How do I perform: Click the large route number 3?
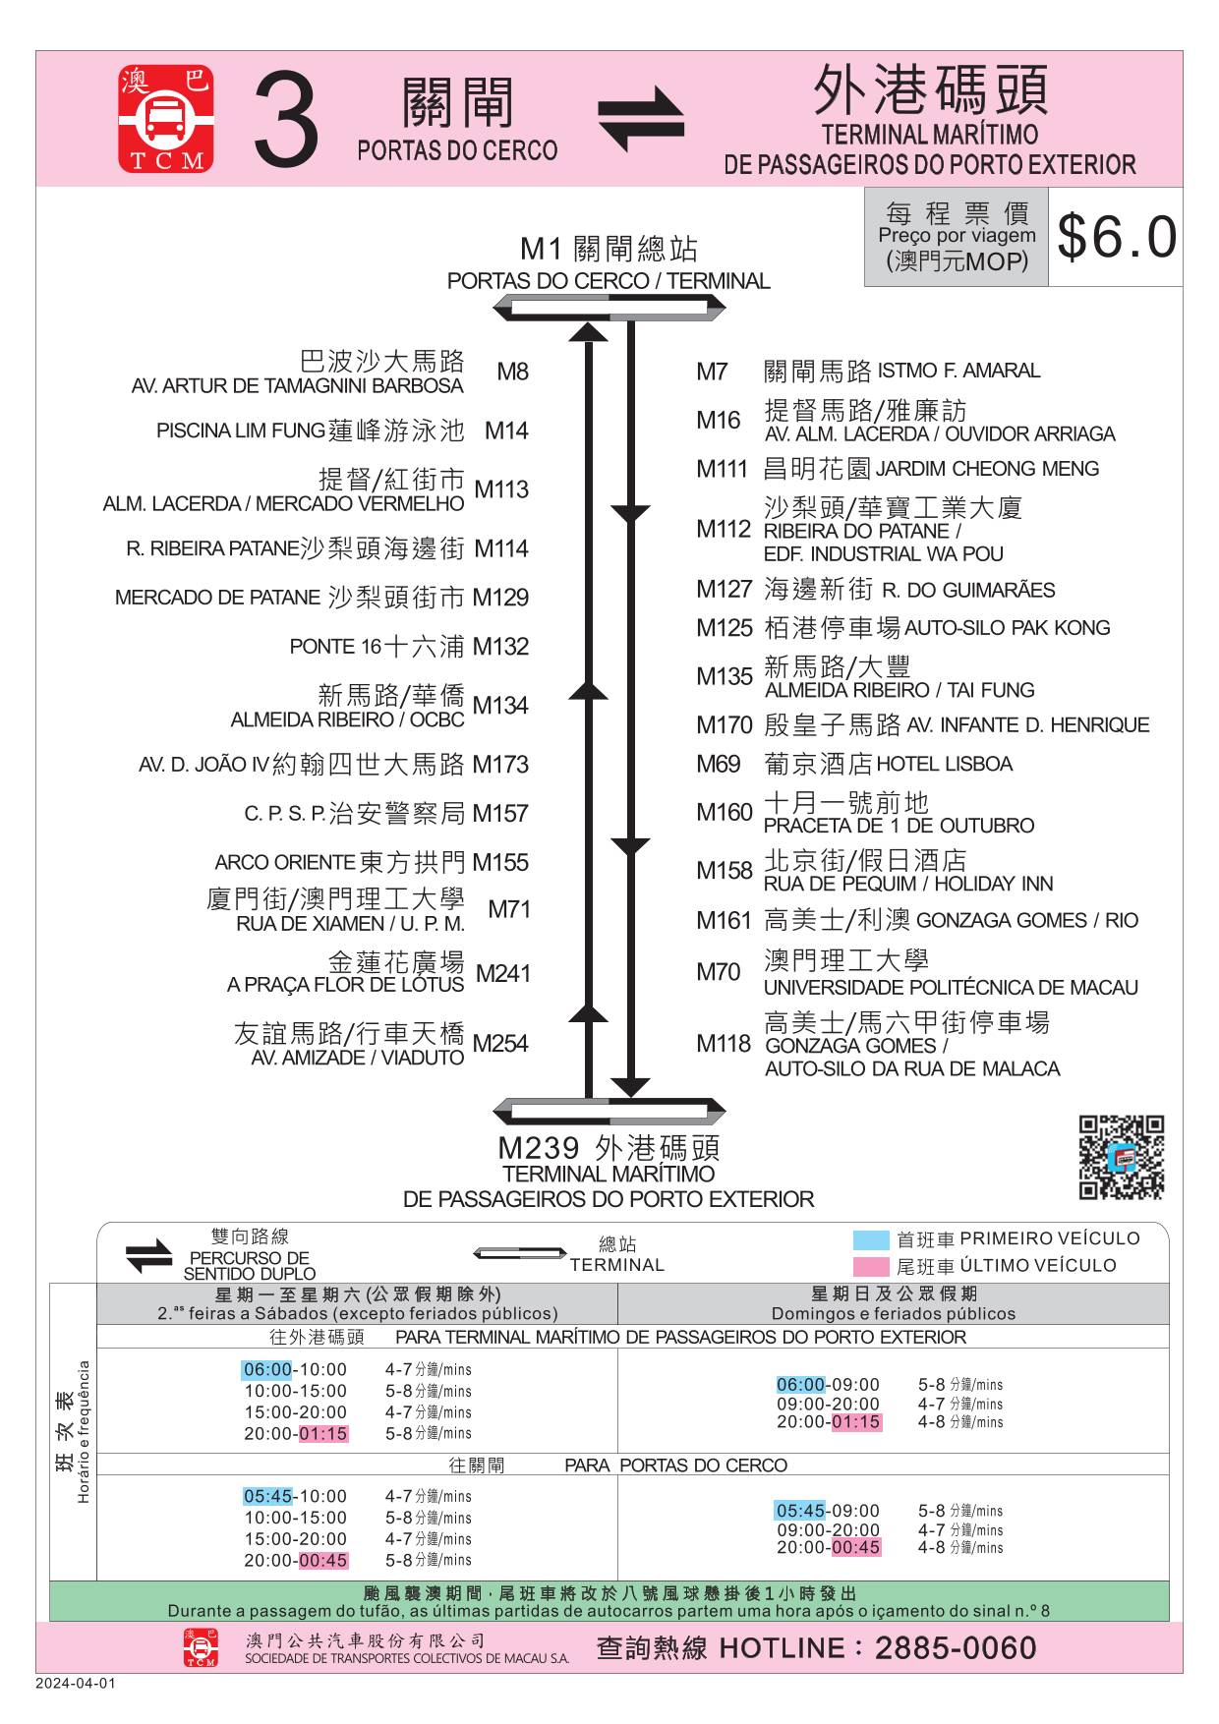(286, 121)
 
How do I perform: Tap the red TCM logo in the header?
(166, 119)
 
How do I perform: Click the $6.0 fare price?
(1116, 237)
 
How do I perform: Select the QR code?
(1122, 1157)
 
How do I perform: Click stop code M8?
(512, 372)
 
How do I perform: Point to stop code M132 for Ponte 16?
(500, 647)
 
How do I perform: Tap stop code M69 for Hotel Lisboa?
(718, 764)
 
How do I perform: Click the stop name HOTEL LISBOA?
(944, 764)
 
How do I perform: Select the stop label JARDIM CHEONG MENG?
(987, 469)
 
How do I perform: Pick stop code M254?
(500, 1043)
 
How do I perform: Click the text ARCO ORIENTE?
(284, 863)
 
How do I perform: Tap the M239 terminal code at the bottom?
(539, 1148)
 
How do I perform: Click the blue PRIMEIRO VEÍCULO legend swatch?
(871, 1239)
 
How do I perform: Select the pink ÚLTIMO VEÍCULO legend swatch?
(871, 1266)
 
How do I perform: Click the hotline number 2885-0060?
(956, 1648)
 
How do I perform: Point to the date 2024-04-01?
(76, 1683)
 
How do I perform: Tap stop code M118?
(724, 1043)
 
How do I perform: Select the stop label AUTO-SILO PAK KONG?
(1007, 628)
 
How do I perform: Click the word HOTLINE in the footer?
(783, 1648)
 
